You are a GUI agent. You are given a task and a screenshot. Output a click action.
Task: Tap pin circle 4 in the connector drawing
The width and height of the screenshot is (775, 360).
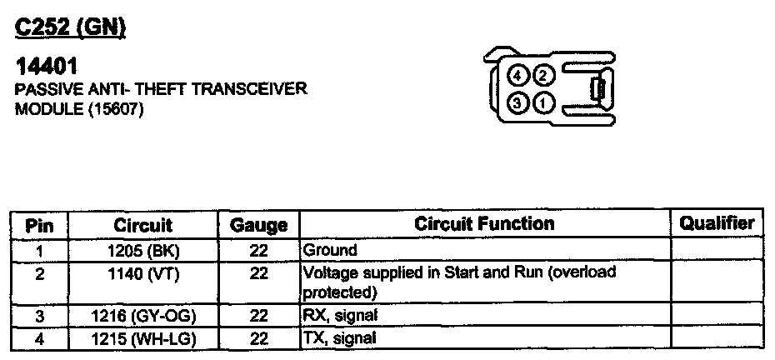click(517, 77)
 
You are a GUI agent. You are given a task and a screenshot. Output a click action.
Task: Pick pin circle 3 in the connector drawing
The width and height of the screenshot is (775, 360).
click(517, 104)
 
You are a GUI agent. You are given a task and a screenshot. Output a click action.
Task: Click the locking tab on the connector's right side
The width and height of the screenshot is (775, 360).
click(597, 90)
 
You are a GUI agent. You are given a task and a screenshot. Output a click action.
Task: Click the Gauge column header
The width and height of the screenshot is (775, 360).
click(258, 225)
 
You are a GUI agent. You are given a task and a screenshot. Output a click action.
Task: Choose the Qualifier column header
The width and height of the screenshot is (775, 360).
click(717, 223)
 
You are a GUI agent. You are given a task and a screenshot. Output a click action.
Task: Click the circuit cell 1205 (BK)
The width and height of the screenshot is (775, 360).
click(142, 250)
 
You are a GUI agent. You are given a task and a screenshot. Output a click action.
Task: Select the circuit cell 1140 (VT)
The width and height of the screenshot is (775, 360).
click(142, 272)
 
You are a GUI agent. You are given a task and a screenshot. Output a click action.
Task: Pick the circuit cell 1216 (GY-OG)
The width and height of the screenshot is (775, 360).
click(142, 316)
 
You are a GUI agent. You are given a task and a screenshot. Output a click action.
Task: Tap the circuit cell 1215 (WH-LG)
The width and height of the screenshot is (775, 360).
click(142, 337)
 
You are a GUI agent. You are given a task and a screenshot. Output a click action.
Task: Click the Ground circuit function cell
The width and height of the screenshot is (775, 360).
click(329, 250)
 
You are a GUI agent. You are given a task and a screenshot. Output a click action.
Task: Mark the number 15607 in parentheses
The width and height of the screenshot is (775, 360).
click(112, 109)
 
